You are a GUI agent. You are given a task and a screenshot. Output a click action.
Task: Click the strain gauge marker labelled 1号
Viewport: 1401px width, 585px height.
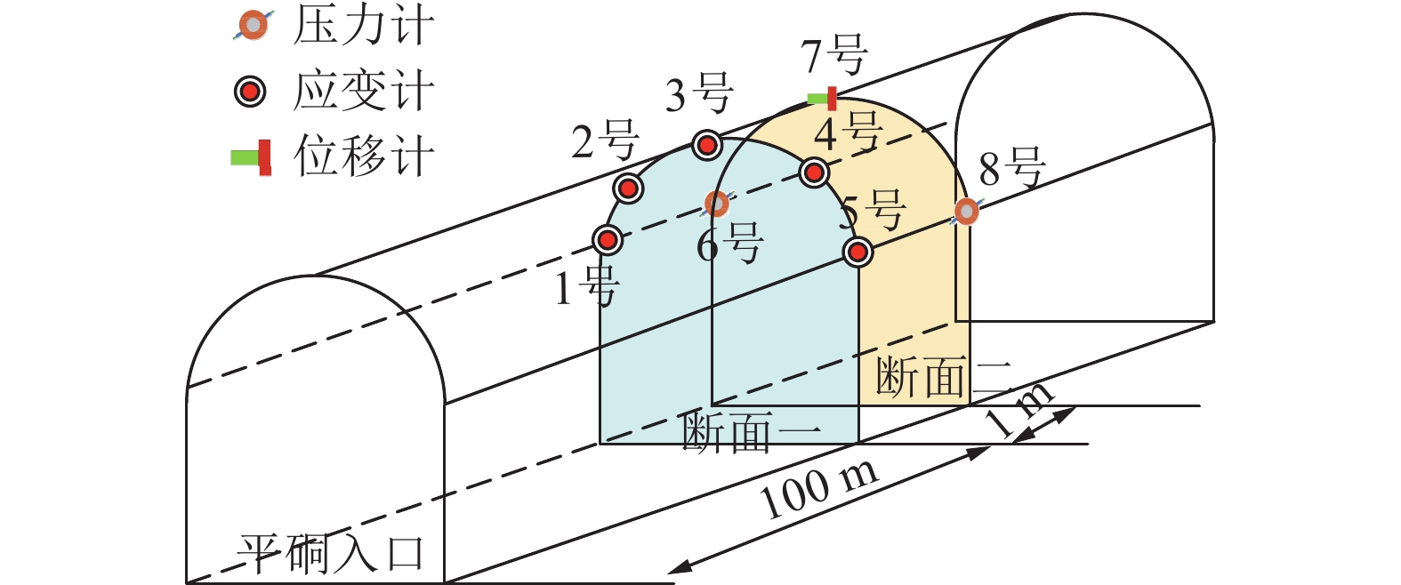pos(608,239)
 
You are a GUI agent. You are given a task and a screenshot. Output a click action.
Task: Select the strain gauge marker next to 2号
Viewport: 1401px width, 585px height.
pos(628,188)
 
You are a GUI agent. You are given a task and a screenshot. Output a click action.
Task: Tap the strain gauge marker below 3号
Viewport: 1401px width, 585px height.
pos(706,144)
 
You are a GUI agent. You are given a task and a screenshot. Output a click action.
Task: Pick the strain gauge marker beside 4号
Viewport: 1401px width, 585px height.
pos(814,172)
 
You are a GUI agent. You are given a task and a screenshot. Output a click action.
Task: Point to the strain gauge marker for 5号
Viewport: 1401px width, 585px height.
pos(857,252)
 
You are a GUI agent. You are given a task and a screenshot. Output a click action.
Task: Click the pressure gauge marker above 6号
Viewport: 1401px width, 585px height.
pos(717,204)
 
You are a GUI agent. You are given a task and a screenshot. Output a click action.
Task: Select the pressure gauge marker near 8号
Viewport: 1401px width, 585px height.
pos(967,212)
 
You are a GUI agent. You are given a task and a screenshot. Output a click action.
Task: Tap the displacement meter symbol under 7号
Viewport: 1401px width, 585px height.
pos(823,98)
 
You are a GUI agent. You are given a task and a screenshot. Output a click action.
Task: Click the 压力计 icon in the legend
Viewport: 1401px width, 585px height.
pos(254,26)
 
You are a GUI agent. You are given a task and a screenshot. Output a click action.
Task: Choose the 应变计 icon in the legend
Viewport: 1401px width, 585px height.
pos(250,91)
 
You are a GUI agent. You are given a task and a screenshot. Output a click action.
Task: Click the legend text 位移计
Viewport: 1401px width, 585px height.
pos(364,156)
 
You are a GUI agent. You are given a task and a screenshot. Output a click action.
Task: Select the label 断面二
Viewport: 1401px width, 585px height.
pos(943,378)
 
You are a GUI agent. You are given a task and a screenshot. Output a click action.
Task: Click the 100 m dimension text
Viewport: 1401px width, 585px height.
pos(819,489)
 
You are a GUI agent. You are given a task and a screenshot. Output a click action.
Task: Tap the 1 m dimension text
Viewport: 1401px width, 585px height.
pos(1020,410)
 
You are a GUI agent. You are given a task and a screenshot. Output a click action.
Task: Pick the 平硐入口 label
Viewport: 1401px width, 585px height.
pos(329,554)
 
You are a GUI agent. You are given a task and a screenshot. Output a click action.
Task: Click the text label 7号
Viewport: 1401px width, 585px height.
pos(834,55)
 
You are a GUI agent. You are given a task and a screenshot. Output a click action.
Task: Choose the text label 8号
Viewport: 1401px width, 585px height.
pos(1011,167)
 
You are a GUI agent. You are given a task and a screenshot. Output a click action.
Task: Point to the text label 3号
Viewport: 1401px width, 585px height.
pos(699,93)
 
